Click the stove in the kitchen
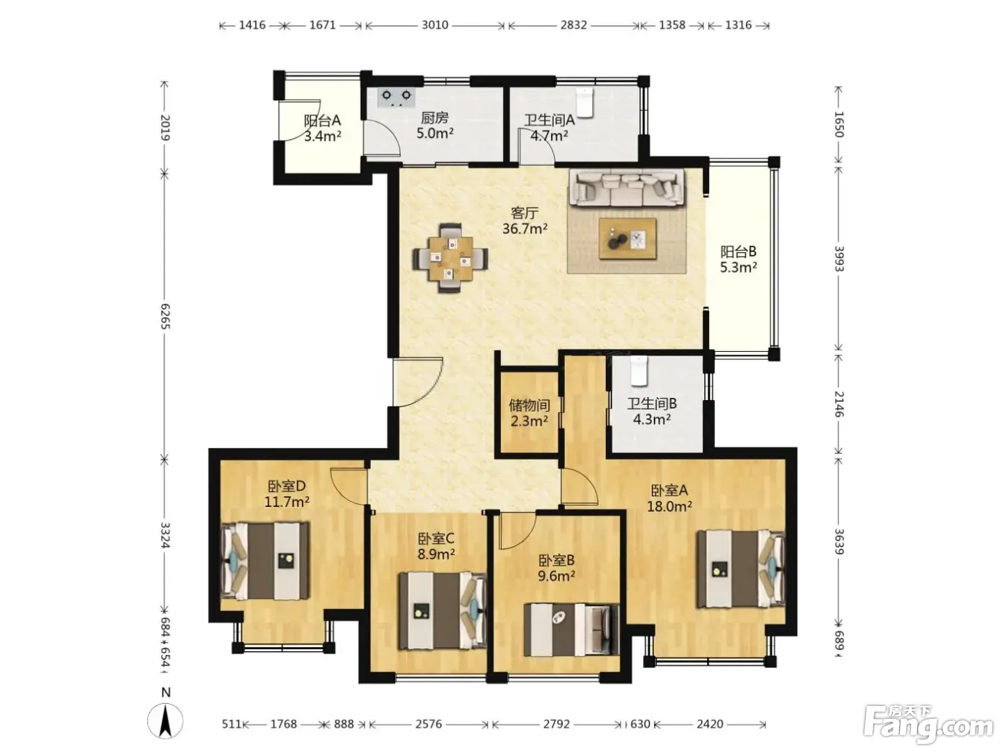[x=397, y=98]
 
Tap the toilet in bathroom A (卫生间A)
[x=585, y=102]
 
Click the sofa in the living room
[x=627, y=187]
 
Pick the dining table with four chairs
[x=450, y=258]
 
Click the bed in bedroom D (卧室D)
[x=265, y=562]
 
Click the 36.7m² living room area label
[x=525, y=228]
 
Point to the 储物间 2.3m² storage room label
[x=530, y=413]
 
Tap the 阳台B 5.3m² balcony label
[x=739, y=259]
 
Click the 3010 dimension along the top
[x=435, y=24]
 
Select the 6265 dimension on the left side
[x=165, y=316]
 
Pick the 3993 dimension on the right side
[x=839, y=259]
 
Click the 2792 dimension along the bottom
[x=556, y=724]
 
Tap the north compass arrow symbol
[x=165, y=720]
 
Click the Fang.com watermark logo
[x=928, y=724]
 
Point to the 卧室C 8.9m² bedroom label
[x=436, y=546]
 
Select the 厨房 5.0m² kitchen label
[x=435, y=126]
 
